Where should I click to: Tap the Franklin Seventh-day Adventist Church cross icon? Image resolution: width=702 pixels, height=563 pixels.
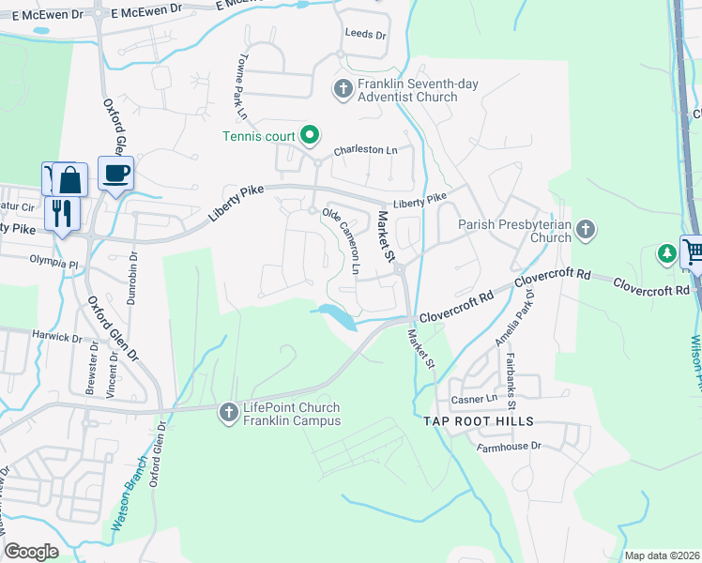point(343,90)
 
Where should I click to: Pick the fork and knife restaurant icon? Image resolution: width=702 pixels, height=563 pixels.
point(62,213)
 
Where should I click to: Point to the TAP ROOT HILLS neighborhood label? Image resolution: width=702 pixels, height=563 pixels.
point(478,421)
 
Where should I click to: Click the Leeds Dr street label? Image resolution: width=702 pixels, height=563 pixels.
point(366,34)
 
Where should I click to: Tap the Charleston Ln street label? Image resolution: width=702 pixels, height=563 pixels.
point(366,150)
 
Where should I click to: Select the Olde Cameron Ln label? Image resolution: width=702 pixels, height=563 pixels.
point(342,240)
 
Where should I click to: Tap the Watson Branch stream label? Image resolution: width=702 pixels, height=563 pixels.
point(129,501)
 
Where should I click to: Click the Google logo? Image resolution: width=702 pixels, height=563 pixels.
point(31,552)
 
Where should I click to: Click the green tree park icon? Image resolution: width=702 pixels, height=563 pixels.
point(666,252)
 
